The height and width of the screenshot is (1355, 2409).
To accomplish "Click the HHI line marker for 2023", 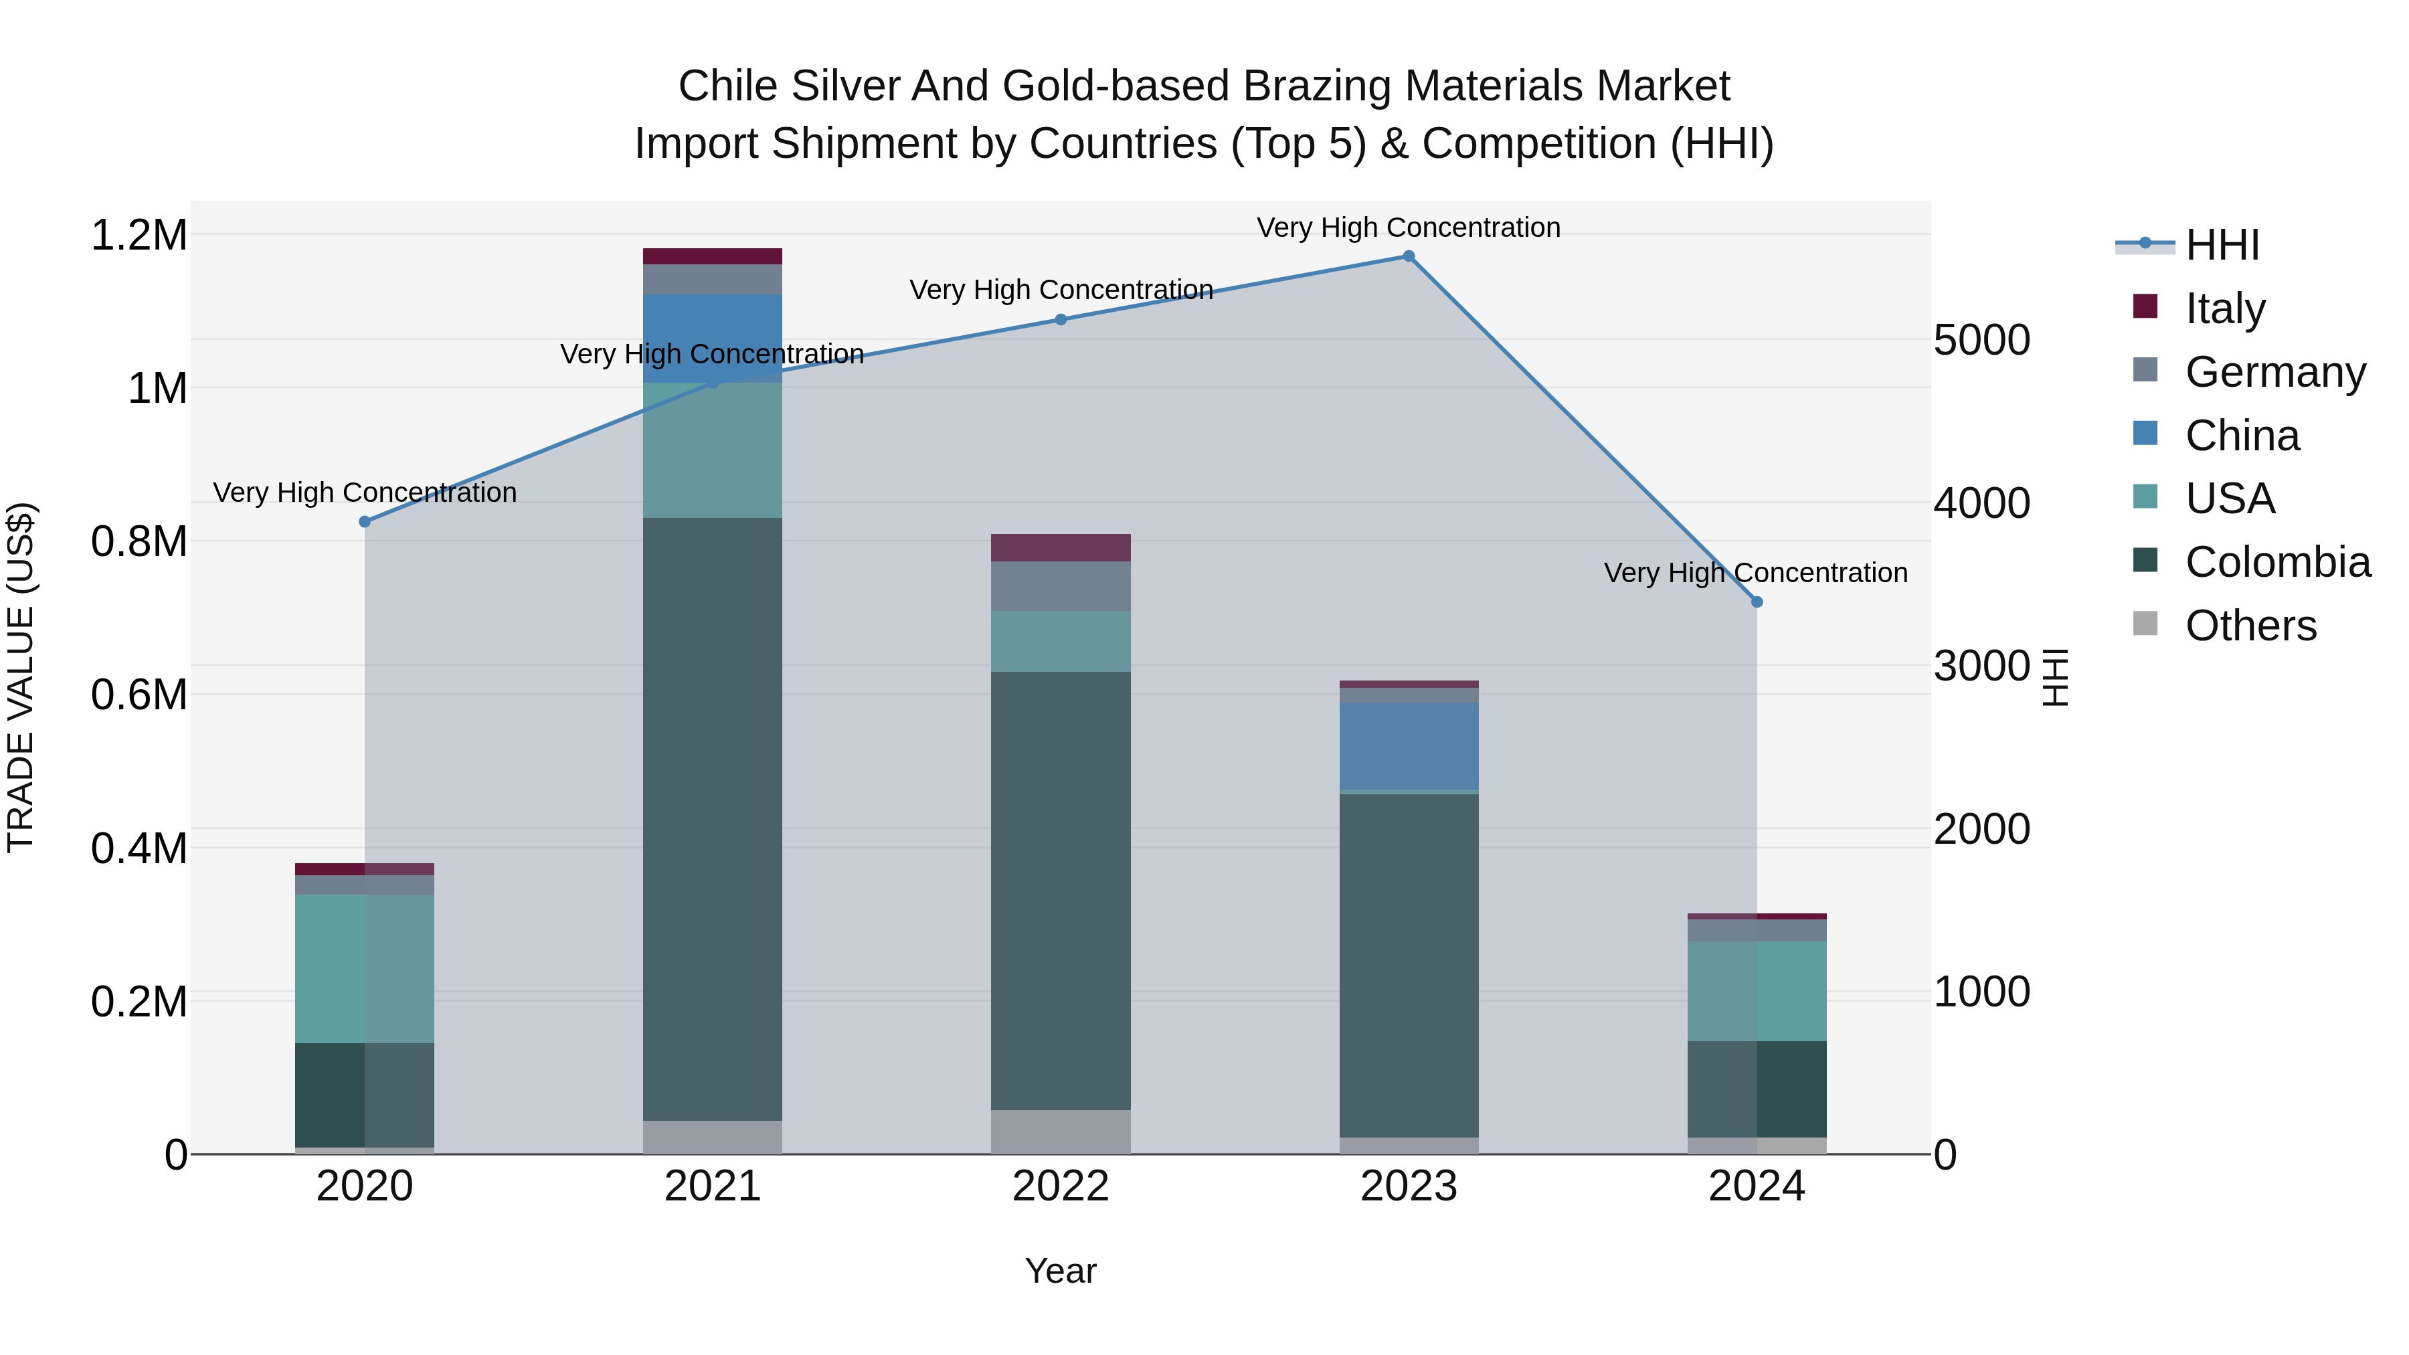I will click(1409, 256).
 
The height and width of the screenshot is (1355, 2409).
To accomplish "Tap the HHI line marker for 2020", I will click(365, 522).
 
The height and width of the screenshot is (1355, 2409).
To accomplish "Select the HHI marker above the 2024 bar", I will click(1757, 602).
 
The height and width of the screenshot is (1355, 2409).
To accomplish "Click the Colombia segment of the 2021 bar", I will click(713, 818).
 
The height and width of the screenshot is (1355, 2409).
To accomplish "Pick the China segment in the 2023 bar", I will click(1409, 745).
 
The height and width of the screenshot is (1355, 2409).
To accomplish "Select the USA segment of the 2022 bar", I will click(1061, 642).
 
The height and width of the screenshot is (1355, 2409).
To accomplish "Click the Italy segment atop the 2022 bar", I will click(1061, 548).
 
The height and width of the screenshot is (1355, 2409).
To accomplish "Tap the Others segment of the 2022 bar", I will click(1061, 1132).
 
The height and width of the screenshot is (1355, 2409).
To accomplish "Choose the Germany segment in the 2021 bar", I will click(713, 280).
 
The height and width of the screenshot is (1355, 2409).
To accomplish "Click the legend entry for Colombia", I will click(2277, 562).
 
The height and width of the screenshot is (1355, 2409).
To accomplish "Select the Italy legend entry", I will click(2225, 308).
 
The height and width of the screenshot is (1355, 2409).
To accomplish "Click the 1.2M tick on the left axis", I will click(139, 235).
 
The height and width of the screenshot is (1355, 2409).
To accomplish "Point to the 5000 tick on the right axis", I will click(1981, 341).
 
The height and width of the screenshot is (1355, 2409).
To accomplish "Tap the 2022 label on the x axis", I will click(1061, 1186).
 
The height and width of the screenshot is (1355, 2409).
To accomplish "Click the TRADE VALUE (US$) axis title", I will click(21, 677).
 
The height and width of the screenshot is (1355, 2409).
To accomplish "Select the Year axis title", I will click(1061, 1271).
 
